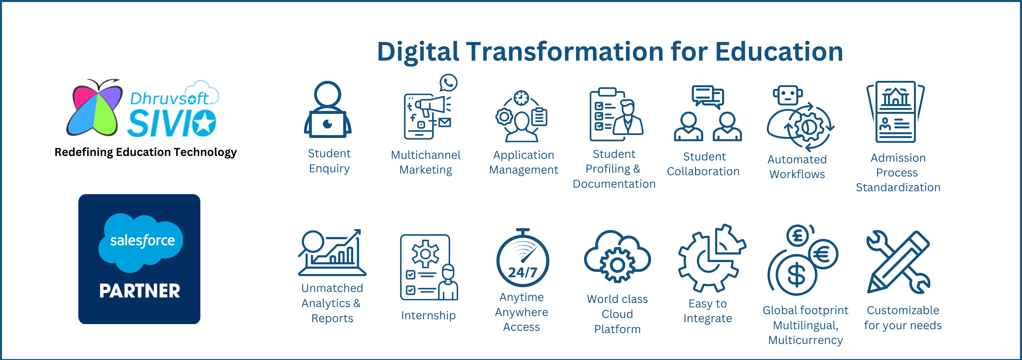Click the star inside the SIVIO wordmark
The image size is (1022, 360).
tap(204, 124)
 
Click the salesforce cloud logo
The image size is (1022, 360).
tap(141, 242)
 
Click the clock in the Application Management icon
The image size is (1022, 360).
tap(521, 98)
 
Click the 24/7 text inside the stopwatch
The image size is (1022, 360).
tap(523, 272)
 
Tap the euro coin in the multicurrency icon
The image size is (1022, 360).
tap(823, 254)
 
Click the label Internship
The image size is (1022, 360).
tap(428, 315)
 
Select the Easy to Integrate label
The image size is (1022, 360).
tap(708, 311)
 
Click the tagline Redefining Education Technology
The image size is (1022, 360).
tap(146, 152)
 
